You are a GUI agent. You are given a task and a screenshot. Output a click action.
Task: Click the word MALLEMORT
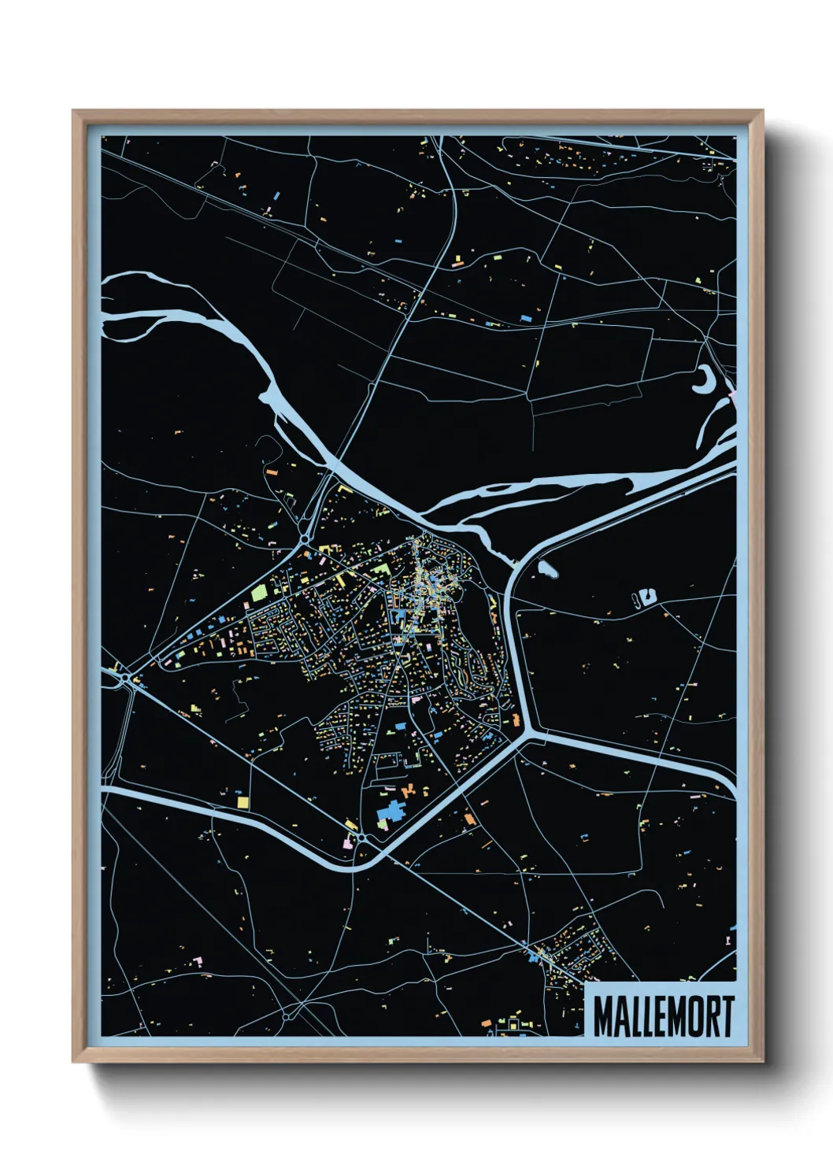663,1016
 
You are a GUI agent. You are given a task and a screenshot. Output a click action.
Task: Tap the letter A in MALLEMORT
616,1016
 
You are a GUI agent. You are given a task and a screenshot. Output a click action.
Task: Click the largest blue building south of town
391,812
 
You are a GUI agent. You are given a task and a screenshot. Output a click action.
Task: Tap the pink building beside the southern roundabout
347,842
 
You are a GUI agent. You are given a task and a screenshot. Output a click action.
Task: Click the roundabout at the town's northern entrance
305,539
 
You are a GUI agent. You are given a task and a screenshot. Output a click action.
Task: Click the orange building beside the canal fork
516,719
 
